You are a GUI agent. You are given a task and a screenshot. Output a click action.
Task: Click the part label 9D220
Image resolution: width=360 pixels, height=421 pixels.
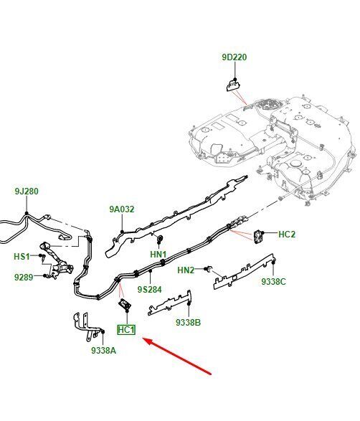[234, 57]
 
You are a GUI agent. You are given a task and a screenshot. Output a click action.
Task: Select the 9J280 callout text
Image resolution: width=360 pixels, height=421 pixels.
[27, 191]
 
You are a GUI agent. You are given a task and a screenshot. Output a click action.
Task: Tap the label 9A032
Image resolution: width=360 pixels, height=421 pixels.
[122, 209]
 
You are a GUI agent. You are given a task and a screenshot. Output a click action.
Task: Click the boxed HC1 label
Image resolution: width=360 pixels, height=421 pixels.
[126, 330]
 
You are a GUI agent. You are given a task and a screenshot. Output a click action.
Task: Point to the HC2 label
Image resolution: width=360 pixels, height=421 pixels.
[287, 234]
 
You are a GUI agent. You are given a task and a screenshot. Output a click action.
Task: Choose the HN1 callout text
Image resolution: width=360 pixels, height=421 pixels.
[158, 254]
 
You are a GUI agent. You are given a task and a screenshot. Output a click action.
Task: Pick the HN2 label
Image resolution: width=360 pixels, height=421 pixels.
[186, 270]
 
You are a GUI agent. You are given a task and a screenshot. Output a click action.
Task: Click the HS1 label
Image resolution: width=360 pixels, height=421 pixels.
[22, 257]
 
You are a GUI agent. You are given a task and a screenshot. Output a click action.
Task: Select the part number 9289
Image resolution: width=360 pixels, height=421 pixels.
[24, 277]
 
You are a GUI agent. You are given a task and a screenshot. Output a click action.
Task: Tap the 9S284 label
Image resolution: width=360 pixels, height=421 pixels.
[150, 290]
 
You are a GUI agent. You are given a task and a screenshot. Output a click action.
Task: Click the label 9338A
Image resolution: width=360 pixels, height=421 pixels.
[103, 351]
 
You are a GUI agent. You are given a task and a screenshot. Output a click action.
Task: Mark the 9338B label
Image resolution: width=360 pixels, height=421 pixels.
[188, 322]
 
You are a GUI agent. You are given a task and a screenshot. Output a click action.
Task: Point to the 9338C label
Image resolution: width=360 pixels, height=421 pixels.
[274, 281]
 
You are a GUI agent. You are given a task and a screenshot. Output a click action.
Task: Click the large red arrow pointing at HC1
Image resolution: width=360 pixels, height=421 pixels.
[177, 356]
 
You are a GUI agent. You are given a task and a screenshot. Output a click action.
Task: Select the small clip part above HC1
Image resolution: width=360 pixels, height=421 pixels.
[125, 305]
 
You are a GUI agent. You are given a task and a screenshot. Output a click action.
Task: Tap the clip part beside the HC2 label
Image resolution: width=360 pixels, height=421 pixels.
[257, 236]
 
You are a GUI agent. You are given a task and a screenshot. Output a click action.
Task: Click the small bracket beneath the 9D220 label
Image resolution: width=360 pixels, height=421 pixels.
[233, 85]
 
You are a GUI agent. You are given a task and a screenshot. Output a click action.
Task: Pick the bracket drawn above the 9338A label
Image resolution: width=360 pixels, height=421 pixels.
[87, 326]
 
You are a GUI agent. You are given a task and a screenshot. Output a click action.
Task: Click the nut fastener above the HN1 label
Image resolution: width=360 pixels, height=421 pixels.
[160, 238]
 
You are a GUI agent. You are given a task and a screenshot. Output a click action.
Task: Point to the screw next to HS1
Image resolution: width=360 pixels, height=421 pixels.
[42, 257]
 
